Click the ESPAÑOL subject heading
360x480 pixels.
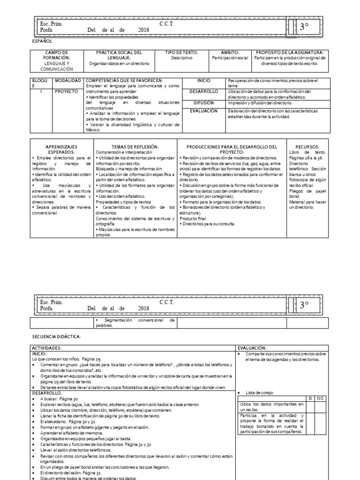pos(42,41)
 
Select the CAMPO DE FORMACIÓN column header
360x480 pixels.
pos(56,55)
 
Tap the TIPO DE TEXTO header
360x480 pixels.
pos(182,52)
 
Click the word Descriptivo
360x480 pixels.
pos(182,58)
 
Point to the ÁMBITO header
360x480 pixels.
pos(230,52)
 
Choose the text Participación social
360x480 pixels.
pos(230,58)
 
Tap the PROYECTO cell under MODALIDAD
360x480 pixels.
pos(66,91)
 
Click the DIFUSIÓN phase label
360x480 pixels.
pos(202,102)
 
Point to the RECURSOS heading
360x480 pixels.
pos(307,147)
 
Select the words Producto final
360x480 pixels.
pos(195,218)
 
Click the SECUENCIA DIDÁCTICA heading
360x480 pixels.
pos(56,337)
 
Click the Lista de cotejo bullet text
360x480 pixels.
pos(259,392)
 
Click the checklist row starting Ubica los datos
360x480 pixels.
pos(271,406)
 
